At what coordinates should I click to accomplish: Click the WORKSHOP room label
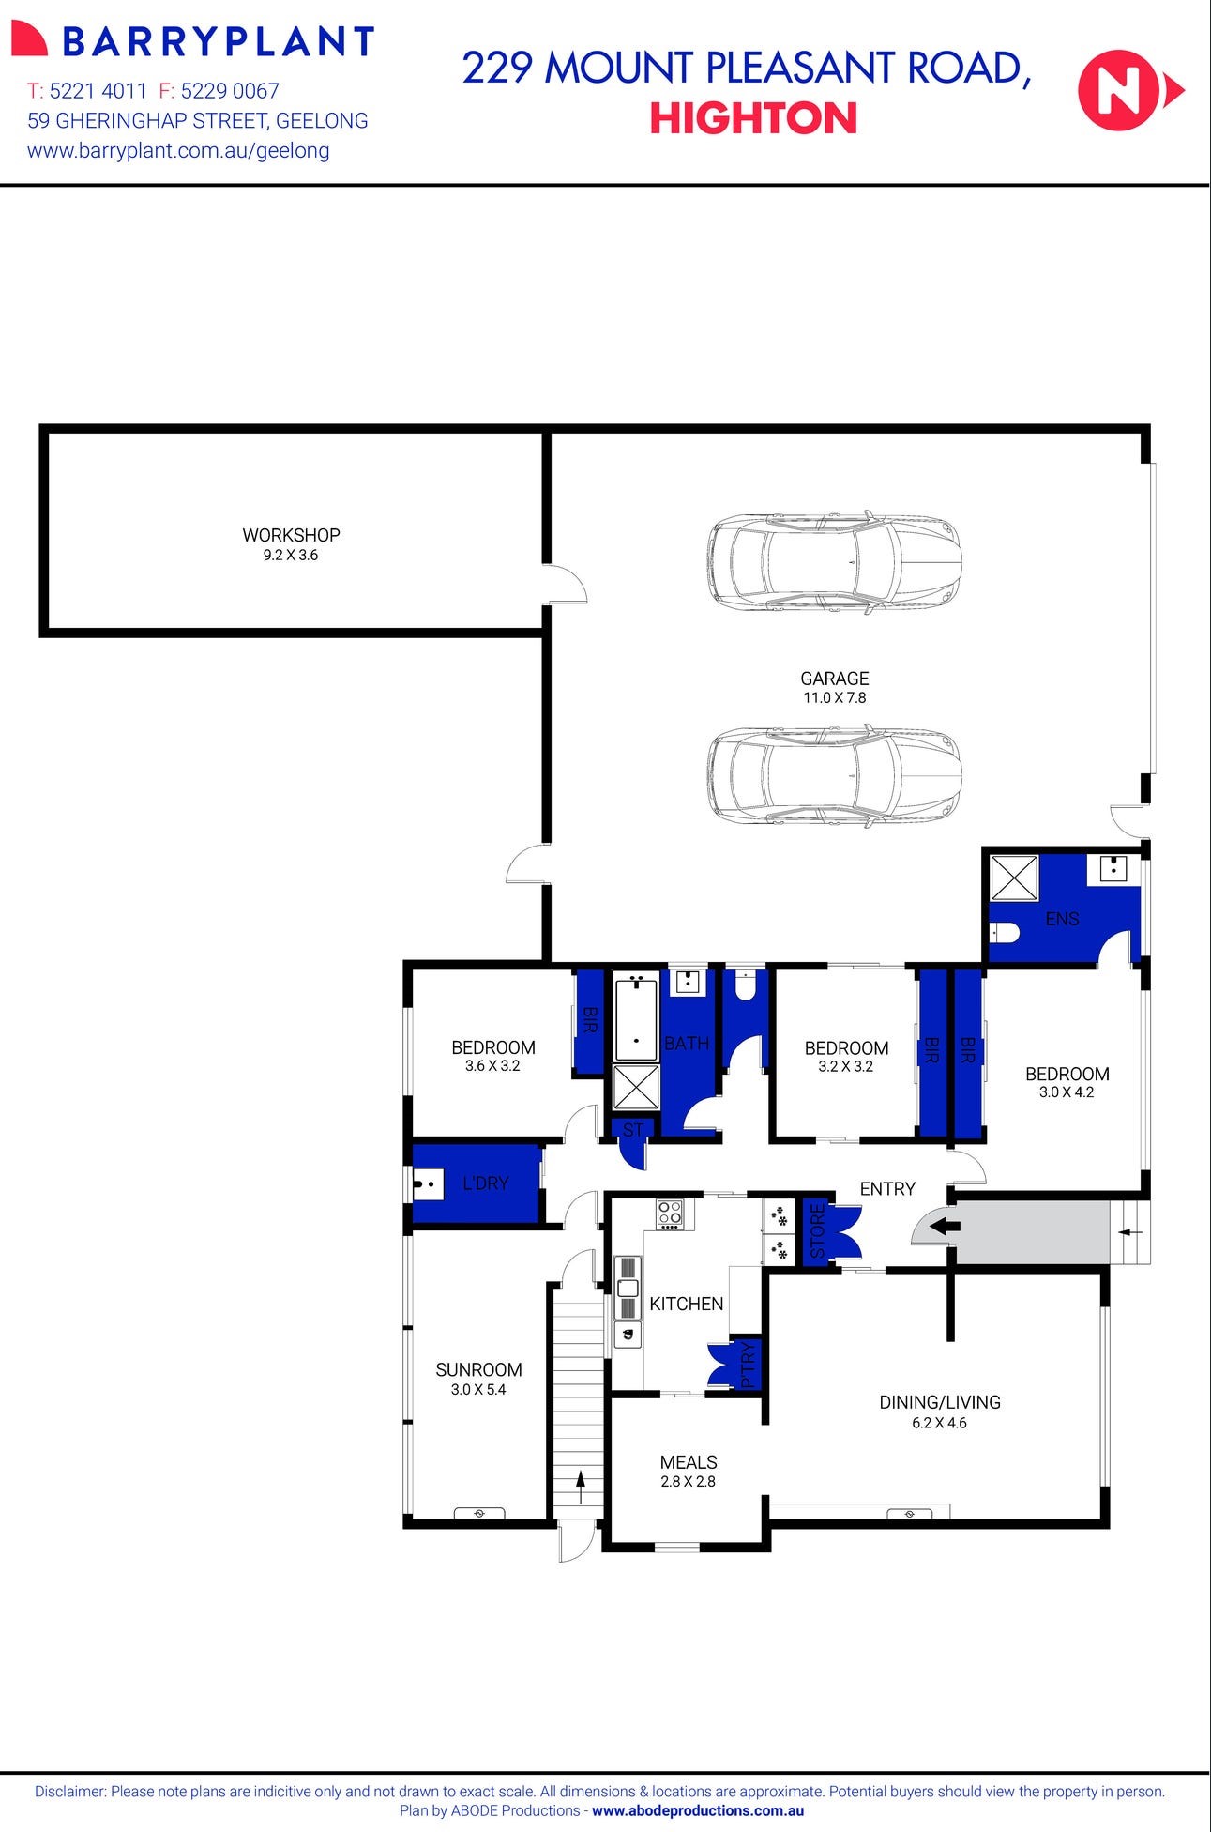click(x=291, y=535)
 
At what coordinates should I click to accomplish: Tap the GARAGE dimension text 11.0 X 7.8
click(x=834, y=698)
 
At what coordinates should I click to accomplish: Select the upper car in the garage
click(x=834, y=563)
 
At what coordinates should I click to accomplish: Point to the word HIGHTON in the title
click(x=753, y=119)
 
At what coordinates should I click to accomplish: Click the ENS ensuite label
click(x=1062, y=919)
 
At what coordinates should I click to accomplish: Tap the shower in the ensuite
click(x=1014, y=878)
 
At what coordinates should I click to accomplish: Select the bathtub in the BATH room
click(x=636, y=1017)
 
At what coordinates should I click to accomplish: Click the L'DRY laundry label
click(x=485, y=1183)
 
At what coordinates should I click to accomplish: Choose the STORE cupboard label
click(x=816, y=1231)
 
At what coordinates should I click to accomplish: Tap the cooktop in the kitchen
click(x=670, y=1214)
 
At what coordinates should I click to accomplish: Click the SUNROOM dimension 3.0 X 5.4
click(x=478, y=1390)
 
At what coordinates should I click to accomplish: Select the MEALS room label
click(x=688, y=1462)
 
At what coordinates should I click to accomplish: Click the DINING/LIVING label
click(x=939, y=1402)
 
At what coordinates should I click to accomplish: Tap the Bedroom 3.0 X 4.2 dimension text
click(x=1067, y=1092)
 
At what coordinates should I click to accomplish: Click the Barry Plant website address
click(x=178, y=150)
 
